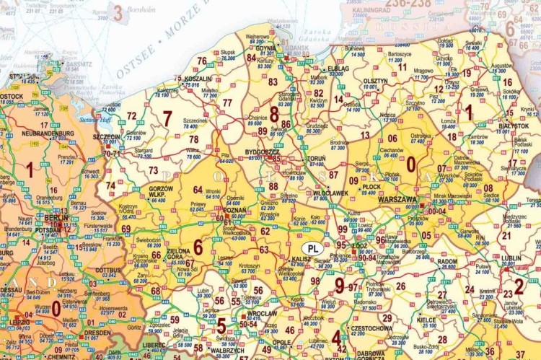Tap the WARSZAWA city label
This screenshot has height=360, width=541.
[x=397, y=199]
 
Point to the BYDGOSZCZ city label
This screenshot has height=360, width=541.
[x=262, y=152]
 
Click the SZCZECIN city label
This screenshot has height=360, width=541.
[x=106, y=136]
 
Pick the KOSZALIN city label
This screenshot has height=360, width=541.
[x=198, y=79]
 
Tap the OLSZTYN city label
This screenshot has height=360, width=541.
[x=375, y=81]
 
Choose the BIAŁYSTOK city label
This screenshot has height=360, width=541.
[x=514, y=126]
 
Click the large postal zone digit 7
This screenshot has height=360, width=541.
[x=167, y=118]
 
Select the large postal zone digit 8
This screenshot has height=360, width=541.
[x=274, y=113]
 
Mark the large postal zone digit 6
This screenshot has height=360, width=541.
[x=198, y=247]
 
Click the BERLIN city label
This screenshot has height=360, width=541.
[x=56, y=217]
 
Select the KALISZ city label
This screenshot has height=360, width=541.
[x=301, y=258]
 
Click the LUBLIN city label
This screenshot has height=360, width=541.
[x=511, y=258]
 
